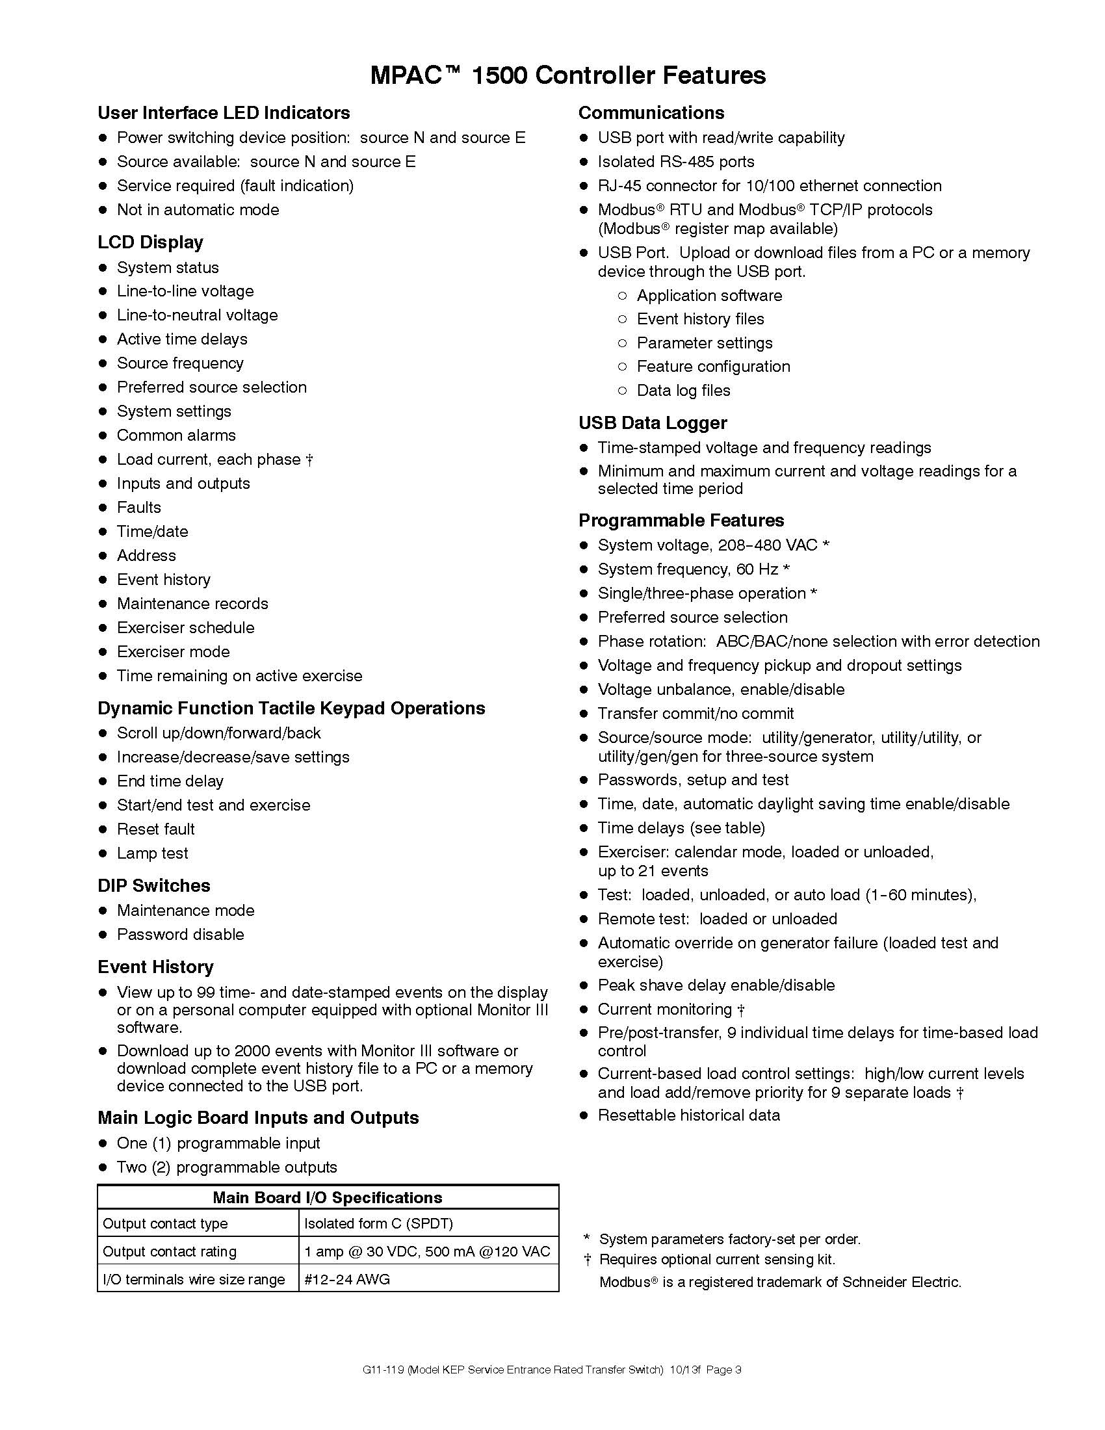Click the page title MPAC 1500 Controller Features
click(x=567, y=75)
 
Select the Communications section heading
click(x=651, y=112)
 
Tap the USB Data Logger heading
click(x=653, y=423)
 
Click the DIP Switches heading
click(x=154, y=885)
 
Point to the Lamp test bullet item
click(x=152, y=853)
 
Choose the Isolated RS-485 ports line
click(x=675, y=162)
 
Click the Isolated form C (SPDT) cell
click(x=378, y=1223)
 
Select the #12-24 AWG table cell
click(x=347, y=1279)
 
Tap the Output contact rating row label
click(x=170, y=1251)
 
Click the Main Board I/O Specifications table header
click(x=328, y=1197)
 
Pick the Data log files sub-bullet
click(x=682, y=390)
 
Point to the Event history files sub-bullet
click(x=700, y=319)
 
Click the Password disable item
click(x=180, y=934)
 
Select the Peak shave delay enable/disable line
click(x=716, y=985)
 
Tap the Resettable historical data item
click(x=688, y=1115)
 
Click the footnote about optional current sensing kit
click(x=717, y=1259)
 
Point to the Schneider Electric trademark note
click(x=779, y=1282)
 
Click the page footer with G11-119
click(x=551, y=1370)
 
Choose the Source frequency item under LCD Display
click(x=180, y=363)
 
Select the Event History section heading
click(x=156, y=967)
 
